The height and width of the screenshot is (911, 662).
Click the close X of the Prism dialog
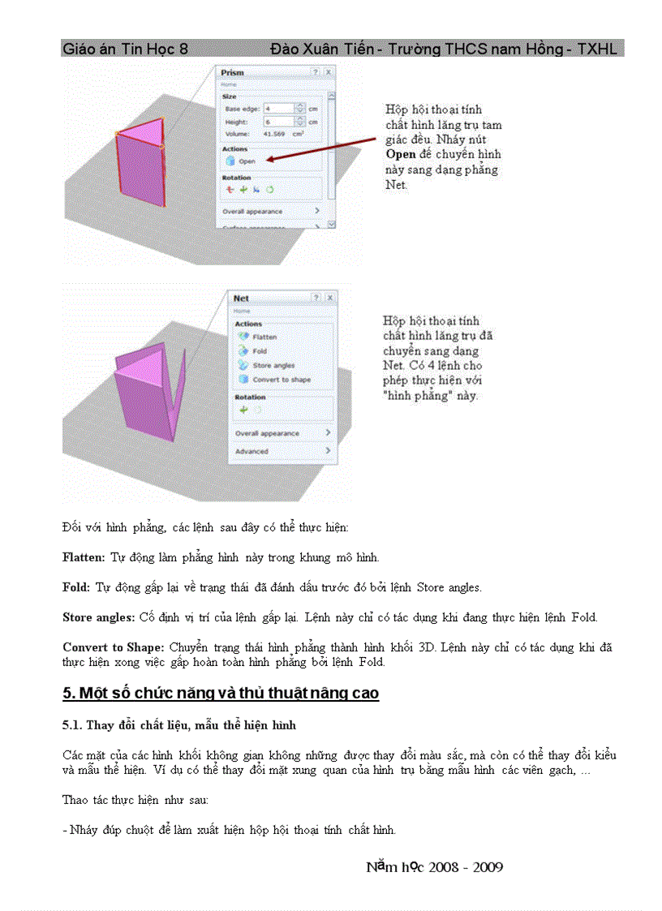click(329, 72)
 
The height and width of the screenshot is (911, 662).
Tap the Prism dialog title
click(233, 73)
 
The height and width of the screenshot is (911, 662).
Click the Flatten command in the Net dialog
click(264, 337)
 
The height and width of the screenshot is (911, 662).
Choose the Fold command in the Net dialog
click(259, 351)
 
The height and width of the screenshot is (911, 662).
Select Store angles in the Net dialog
click(273, 366)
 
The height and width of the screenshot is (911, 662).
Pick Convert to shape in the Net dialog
click(280, 380)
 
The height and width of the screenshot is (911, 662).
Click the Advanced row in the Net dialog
click(251, 451)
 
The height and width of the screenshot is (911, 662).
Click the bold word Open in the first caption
click(401, 154)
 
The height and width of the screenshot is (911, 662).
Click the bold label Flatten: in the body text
click(84, 558)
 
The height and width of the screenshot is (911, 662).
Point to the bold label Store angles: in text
click(98, 617)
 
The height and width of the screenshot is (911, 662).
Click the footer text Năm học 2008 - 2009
click(434, 867)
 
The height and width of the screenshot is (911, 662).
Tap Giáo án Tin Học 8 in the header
click(125, 49)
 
